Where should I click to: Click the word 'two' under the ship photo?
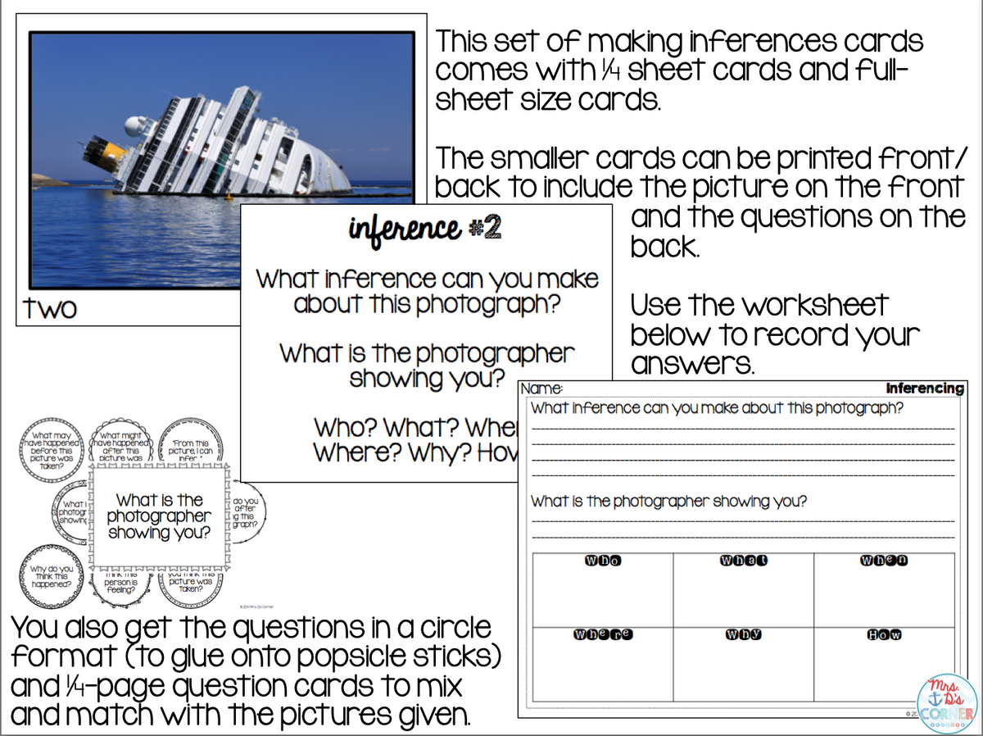tap(51, 308)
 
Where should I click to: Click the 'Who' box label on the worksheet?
tap(602, 561)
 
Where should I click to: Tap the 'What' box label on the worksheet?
tap(743, 561)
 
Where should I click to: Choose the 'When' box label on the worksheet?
tap(884, 561)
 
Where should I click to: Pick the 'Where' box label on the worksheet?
tap(602, 634)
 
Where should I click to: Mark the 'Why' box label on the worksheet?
tap(743, 634)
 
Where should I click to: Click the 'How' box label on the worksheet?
tap(884, 634)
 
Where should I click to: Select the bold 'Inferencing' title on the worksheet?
tap(924, 388)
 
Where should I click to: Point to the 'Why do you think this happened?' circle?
tap(51, 576)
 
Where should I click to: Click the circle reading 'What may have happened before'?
tap(52, 448)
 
